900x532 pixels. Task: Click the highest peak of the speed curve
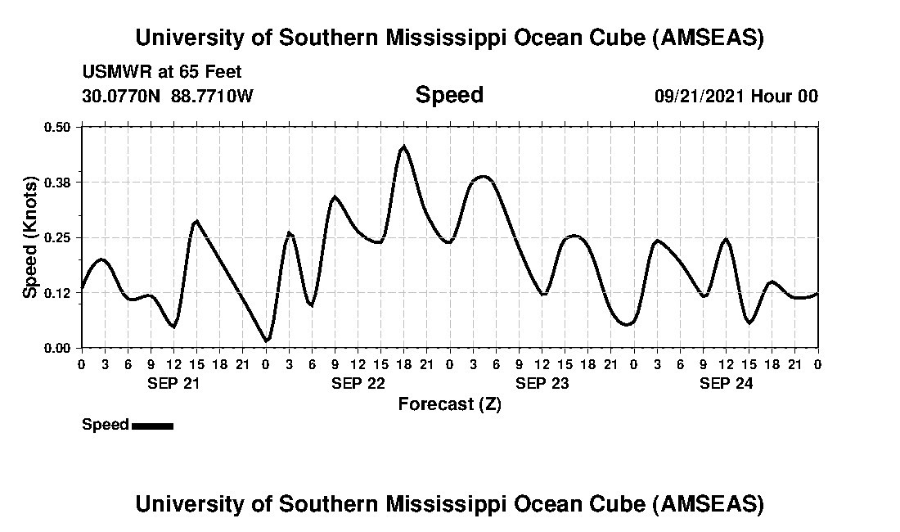click(403, 147)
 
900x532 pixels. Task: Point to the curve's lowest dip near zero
click(266, 340)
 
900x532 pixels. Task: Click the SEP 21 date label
click(173, 383)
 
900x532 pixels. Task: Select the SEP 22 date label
click(358, 383)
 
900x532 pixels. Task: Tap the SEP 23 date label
click(542, 383)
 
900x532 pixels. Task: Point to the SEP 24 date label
click(726, 383)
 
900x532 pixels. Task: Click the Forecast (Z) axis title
click(449, 404)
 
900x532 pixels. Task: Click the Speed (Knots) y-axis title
click(30, 237)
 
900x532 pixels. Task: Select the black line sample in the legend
click(152, 426)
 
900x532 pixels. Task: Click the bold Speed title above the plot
click(449, 95)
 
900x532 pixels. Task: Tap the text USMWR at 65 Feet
click(162, 72)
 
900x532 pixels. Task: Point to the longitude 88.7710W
click(213, 96)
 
